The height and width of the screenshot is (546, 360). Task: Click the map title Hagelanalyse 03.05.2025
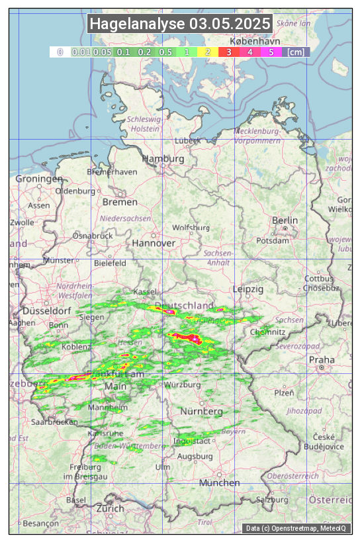coord(180,24)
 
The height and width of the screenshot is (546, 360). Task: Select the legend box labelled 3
coord(228,52)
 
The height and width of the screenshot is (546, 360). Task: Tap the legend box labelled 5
coord(271,52)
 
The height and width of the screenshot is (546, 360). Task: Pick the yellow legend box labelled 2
coord(208,52)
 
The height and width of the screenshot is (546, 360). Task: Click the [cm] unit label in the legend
coord(295,52)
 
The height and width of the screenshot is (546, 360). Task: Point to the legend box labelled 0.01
coord(81,52)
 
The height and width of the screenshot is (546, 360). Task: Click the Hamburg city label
coord(163,159)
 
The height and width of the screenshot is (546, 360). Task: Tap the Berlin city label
coord(285,220)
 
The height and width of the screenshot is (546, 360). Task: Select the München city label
coord(218,482)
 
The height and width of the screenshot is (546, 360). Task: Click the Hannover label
coord(153,243)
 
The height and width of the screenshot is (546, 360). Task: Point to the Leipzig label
coord(248,289)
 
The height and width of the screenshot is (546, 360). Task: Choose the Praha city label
coord(322,359)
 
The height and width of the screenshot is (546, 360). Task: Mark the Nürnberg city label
coord(201,411)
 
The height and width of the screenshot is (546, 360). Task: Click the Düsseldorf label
coord(46,310)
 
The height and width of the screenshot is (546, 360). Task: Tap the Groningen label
coord(39,179)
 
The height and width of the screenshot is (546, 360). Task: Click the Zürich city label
coord(110,508)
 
